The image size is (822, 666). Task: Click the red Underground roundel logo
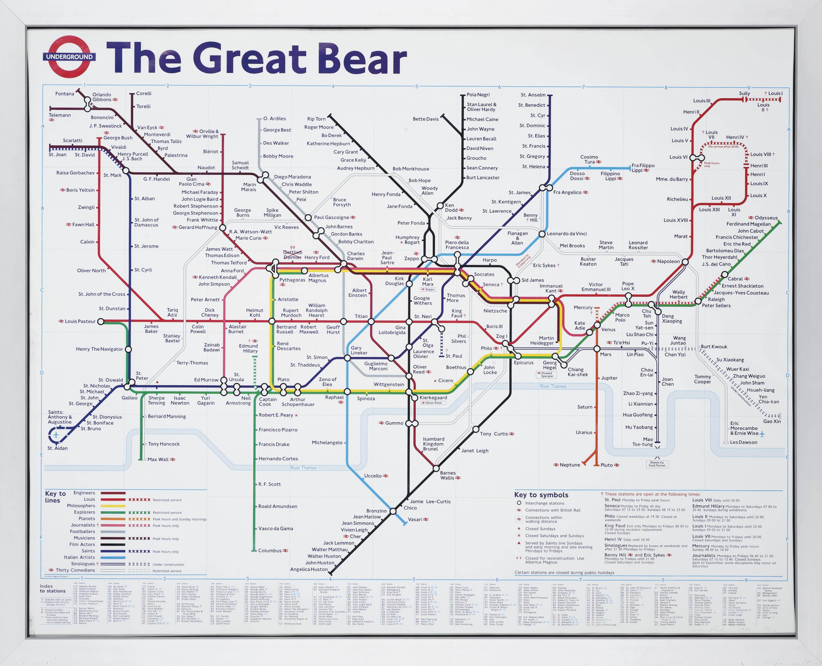click(69, 57)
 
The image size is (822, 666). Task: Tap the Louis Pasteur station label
click(80, 321)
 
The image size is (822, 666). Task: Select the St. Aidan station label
click(58, 448)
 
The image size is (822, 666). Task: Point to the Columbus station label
click(270, 550)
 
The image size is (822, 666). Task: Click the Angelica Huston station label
click(309, 569)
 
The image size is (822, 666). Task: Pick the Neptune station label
click(569, 465)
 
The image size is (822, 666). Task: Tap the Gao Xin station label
click(772, 421)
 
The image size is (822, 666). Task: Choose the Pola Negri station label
click(478, 95)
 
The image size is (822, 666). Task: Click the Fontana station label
click(64, 94)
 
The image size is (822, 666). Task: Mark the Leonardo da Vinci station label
click(566, 234)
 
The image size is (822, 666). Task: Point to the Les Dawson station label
click(743, 442)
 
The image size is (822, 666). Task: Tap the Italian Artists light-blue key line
click(113, 557)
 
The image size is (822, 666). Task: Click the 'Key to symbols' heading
click(541, 495)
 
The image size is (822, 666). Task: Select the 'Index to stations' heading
click(53, 588)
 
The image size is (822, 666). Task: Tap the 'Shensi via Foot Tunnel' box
click(657, 464)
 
